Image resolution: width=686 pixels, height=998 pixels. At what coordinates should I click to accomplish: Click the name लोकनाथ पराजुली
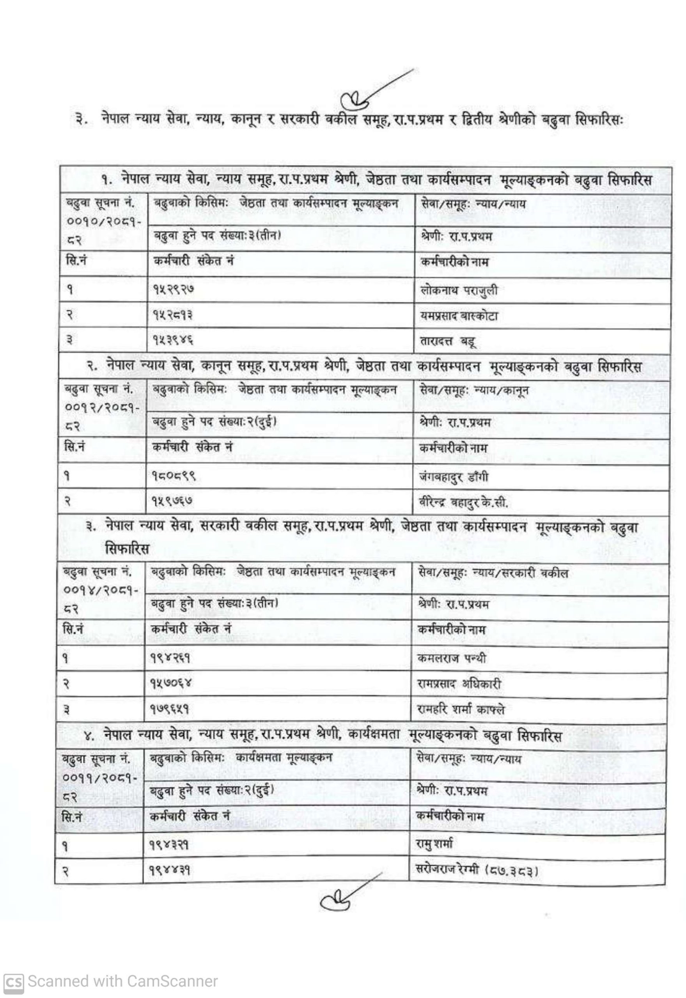point(458,291)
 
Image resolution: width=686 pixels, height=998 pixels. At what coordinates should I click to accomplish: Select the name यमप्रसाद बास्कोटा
point(459,316)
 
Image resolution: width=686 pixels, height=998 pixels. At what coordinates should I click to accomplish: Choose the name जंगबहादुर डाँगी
point(454,477)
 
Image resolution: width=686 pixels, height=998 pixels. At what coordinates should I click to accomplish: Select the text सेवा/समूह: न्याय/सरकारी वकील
point(493,573)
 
